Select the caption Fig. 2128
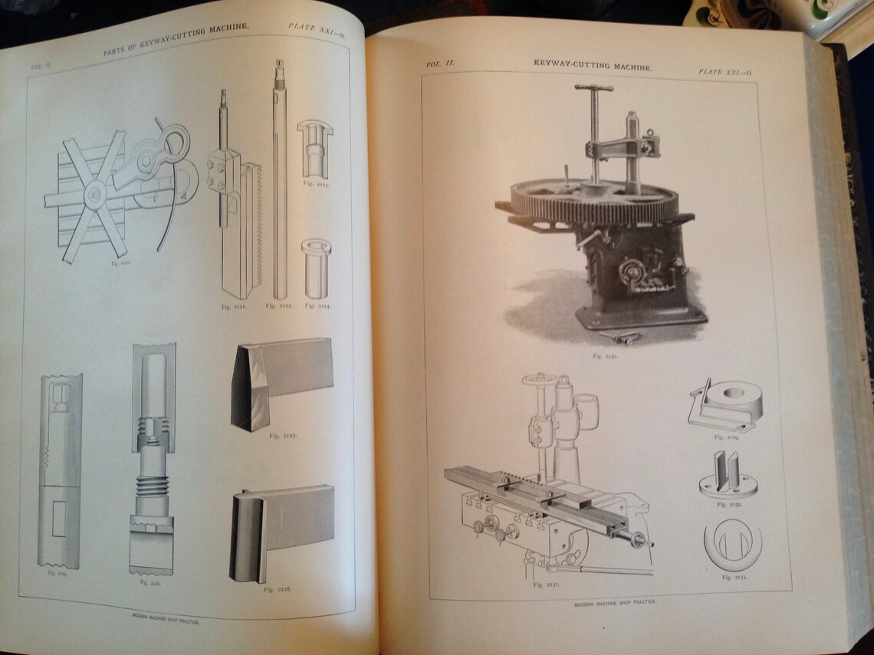click(x=276, y=589)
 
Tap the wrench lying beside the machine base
click(x=620, y=337)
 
